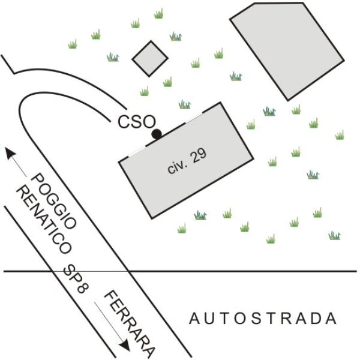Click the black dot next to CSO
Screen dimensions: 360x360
(x=157, y=134)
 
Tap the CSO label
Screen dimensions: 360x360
(x=137, y=122)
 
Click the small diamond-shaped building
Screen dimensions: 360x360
(x=150, y=59)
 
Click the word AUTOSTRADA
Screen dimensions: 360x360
(x=263, y=318)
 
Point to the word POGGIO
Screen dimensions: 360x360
(x=53, y=202)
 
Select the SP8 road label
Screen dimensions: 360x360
(x=76, y=279)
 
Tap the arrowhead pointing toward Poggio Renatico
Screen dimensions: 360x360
(x=10, y=154)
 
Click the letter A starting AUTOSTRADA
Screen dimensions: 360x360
(x=194, y=318)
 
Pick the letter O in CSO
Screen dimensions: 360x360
(x=149, y=122)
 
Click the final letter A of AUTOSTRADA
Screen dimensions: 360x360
(x=332, y=318)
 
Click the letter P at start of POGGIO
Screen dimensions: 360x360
(x=37, y=179)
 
